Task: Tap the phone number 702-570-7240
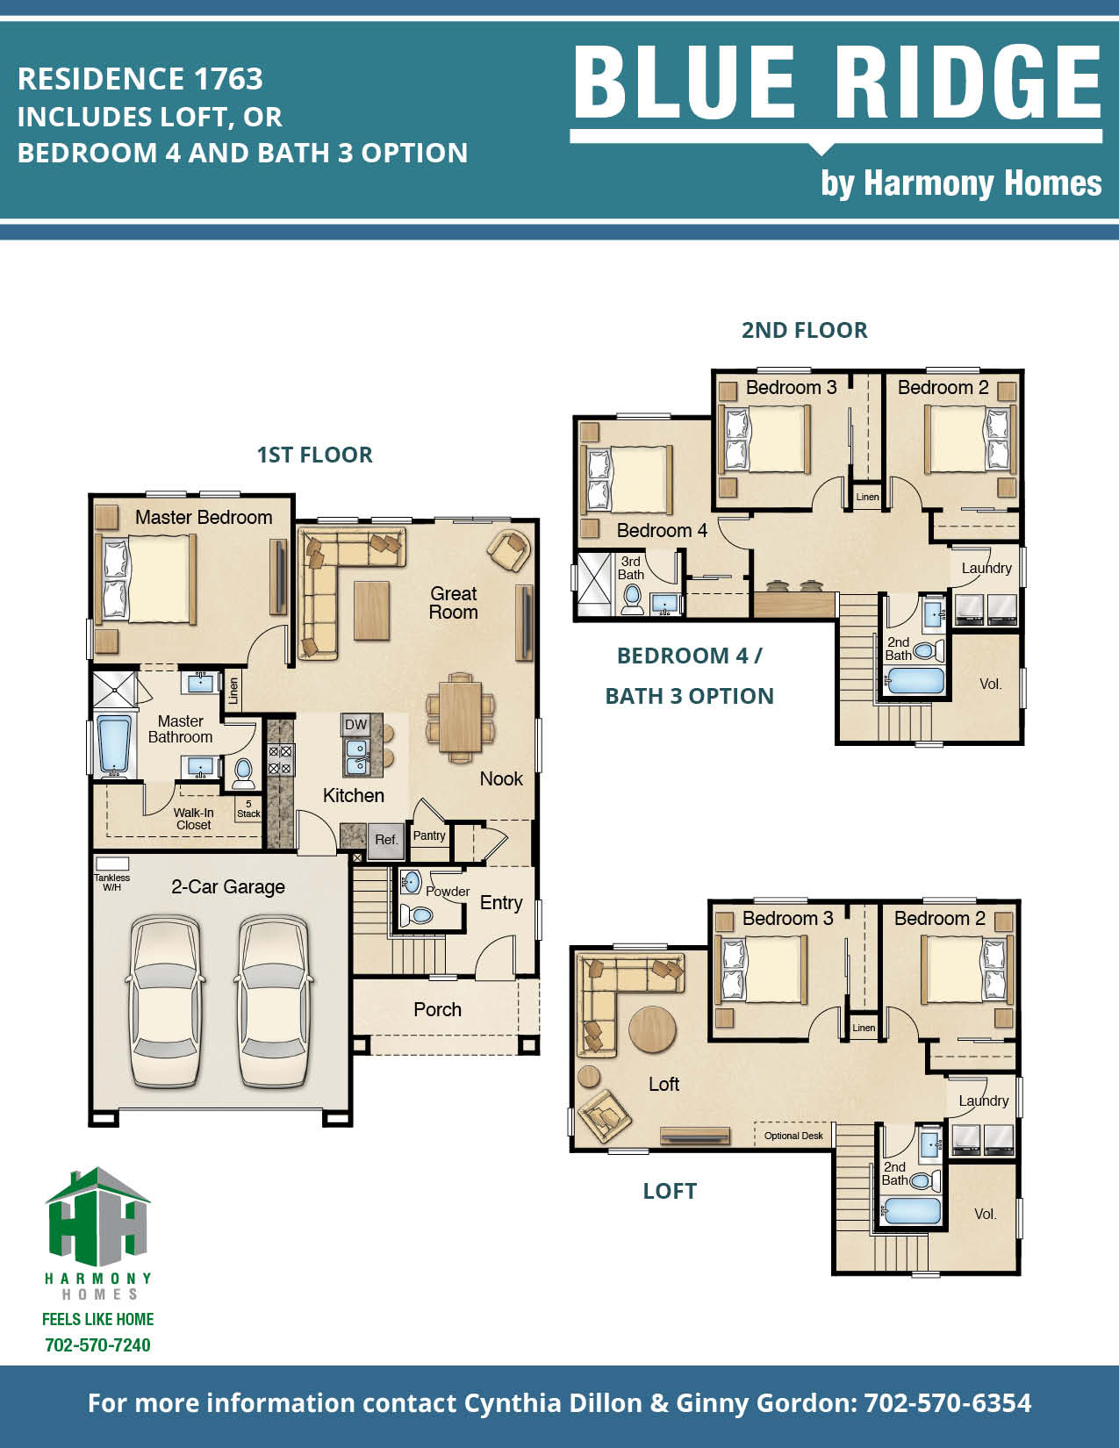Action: (x=97, y=1345)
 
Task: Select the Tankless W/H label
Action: (x=111, y=882)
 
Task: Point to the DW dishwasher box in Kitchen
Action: (x=355, y=724)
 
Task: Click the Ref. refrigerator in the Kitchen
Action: (x=386, y=839)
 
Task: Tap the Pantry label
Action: (x=429, y=835)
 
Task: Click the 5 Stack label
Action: (x=248, y=809)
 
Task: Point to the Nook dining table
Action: (x=460, y=716)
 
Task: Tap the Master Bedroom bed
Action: (x=149, y=578)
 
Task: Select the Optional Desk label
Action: (x=793, y=1136)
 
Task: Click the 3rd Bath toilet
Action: (x=632, y=599)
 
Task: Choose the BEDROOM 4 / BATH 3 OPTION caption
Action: (x=689, y=676)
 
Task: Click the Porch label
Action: (x=437, y=1009)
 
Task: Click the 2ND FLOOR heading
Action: (x=804, y=330)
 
